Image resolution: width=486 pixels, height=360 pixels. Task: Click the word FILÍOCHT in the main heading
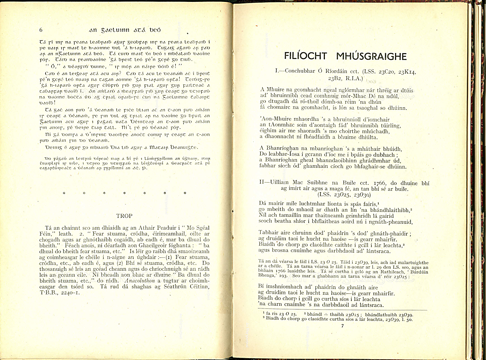[x=306, y=56]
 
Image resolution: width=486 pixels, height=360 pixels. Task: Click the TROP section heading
[x=124, y=216]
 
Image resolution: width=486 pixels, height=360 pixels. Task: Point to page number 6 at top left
[x=41, y=30]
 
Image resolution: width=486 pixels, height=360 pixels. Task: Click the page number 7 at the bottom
[x=342, y=326]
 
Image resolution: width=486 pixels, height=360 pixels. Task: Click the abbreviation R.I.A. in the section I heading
[x=353, y=79]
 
